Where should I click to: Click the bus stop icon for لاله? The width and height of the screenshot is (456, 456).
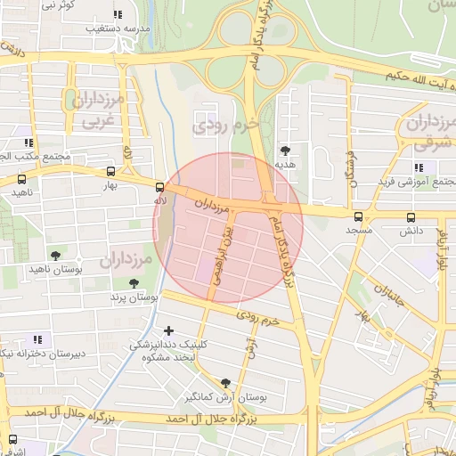pos(159,187)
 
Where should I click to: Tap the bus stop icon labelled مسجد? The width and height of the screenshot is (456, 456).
pos(359,216)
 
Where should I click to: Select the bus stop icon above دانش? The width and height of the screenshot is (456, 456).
pos(411,216)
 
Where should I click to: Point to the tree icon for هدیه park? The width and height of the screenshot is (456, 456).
pos(285,151)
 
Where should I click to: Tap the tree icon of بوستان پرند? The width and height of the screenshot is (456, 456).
pos(134,283)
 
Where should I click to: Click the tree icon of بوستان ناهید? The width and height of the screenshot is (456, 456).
pos(56,256)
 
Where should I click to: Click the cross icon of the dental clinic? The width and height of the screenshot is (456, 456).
pos(168,331)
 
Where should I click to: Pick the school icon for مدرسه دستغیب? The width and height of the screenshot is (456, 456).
pos(118,14)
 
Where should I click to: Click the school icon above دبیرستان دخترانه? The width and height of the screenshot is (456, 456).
pos(37,339)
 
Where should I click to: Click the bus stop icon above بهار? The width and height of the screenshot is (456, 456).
pos(110,172)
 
